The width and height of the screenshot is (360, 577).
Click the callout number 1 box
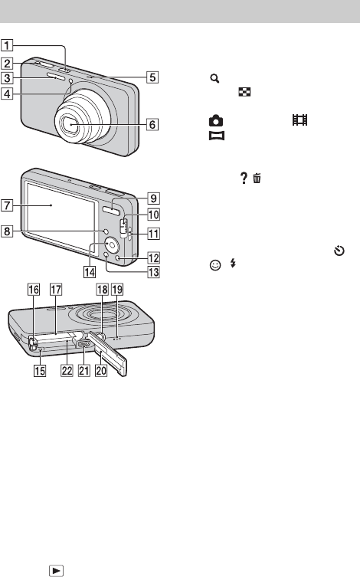[7, 46]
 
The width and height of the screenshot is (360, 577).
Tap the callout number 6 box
[152, 124]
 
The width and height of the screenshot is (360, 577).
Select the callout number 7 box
[7, 205]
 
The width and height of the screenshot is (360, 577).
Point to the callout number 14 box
[90, 272]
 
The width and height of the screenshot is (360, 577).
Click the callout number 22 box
[67, 370]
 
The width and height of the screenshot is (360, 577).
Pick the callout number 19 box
[117, 289]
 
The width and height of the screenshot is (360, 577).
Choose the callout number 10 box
[154, 214]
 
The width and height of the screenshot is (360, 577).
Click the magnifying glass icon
[214, 78]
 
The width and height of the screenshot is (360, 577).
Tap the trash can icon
[257, 179]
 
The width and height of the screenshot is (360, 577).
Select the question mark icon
[244, 178]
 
